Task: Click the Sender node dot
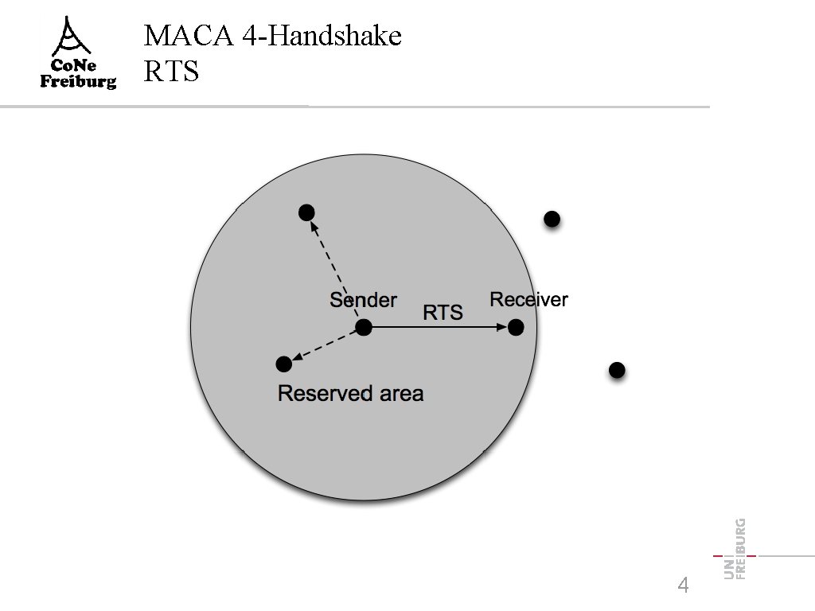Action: (x=364, y=327)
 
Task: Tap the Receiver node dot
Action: (x=516, y=327)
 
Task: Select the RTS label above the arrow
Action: (x=443, y=313)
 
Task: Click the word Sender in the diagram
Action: (x=363, y=300)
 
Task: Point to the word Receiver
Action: (x=528, y=299)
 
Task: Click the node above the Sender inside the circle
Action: (x=306, y=212)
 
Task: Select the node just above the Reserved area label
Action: (x=283, y=364)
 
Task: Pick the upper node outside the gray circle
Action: (x=552, y=219)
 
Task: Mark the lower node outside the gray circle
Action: (x=616, y=370)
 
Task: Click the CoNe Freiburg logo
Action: (x=78, y=53)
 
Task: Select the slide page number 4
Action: (x=682, y=585)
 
